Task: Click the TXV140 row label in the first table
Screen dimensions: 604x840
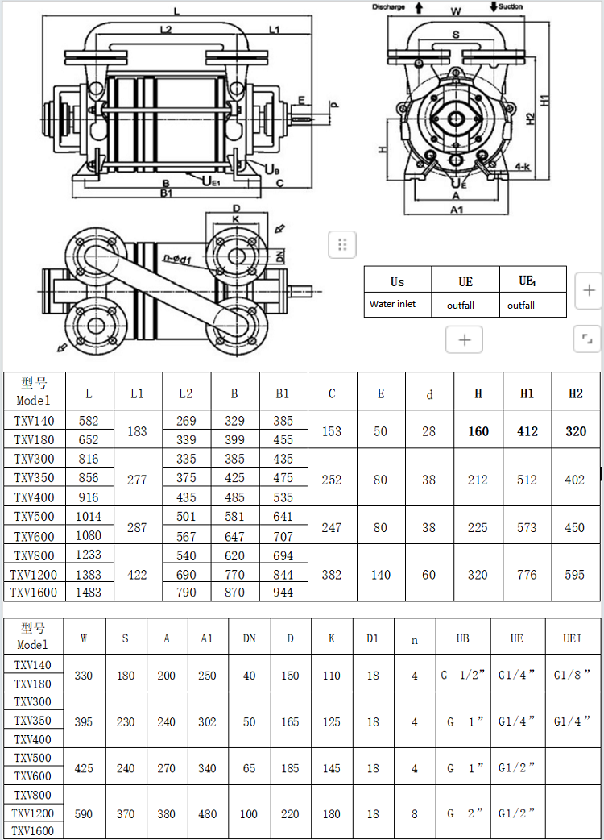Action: tap(35, 421)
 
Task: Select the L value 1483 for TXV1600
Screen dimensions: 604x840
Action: tap(89, 593)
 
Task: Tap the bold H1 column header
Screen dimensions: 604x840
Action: tap(527, 393)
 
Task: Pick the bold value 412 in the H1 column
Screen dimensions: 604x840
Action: tap(527, 431)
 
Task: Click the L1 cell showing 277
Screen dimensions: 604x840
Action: tap(137, 480)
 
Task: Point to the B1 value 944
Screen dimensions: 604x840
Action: tap(283, 593)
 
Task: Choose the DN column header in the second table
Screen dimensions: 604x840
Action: tap(250, 638)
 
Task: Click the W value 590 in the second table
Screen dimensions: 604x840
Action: tap(84, 814)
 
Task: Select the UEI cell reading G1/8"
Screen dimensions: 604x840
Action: tap(572, 675)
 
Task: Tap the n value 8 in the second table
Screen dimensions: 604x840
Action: tap(415, 814)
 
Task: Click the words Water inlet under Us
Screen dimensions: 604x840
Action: tap(393, 304)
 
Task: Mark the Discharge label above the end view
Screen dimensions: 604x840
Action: tap(388, 7)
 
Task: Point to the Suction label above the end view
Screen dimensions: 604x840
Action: tap(511, 6)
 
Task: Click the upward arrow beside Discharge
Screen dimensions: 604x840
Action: tap(419, 7)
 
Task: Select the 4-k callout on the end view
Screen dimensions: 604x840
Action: tap(523, 167)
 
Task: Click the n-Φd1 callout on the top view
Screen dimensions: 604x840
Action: tap(177, 260)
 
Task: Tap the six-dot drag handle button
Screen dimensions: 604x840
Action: tap(342, 245)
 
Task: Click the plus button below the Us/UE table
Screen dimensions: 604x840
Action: tap(465, 339)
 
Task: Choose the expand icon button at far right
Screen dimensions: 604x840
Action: tap(587, 339)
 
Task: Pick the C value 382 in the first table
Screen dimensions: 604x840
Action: tap(332, 575)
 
